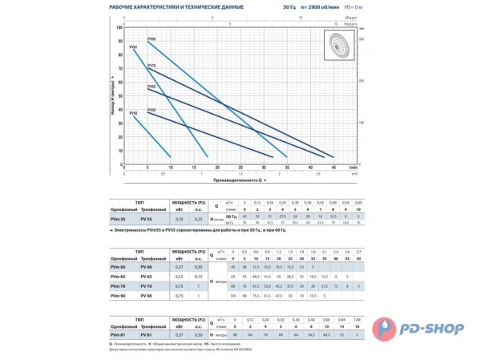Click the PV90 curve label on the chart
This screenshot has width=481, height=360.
tap(152, 39)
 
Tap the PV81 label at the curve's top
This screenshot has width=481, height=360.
tap(132, 48)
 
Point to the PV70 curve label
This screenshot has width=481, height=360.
tap(152, 65)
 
